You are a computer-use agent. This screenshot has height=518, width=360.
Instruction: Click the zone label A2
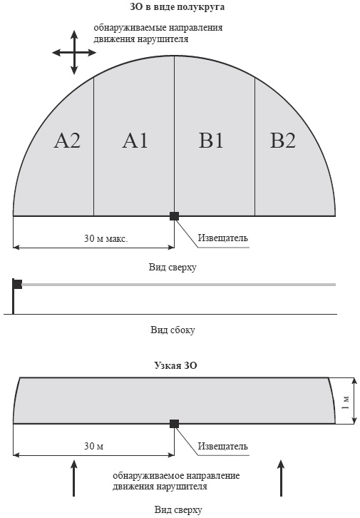click(67, 141)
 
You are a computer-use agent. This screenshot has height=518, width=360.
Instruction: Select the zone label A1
click(135, 141)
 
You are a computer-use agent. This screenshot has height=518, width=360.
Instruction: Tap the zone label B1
click(211, 141)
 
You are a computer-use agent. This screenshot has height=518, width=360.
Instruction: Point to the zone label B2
click(283, 141)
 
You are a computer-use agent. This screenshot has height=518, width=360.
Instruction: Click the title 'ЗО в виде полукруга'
click(178, 7)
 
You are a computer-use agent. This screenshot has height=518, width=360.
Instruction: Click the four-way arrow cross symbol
click(74, 53)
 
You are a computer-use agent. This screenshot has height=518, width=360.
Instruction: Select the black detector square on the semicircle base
click(174, 216)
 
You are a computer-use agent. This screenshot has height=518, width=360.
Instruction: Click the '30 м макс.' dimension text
click(106, 238)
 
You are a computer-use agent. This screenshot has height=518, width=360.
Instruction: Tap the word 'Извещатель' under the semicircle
click(222, 238)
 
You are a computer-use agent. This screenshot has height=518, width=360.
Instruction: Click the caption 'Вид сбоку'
click(173, 330)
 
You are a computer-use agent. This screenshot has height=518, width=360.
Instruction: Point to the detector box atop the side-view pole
click(18, 284)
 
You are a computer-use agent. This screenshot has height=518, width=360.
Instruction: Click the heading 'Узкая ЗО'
click(175, 366)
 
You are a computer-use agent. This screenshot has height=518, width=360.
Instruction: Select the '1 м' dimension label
click(345, 401)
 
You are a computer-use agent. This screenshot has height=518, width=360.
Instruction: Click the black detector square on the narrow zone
click(174, 424)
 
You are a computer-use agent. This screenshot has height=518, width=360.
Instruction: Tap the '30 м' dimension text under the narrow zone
click(93, 446)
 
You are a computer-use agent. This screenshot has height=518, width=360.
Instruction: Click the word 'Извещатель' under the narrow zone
click(222, 447)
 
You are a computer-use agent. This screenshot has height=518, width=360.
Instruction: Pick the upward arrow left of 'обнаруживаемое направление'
click(74, 478)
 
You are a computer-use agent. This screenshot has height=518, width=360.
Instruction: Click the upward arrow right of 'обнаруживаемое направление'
click(281, 478)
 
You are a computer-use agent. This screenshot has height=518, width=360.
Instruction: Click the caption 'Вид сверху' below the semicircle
click(173, 267)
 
